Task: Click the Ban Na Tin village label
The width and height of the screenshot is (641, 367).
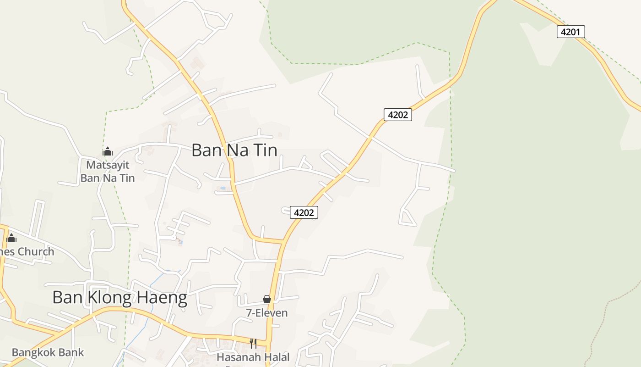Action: [x=234, y=150]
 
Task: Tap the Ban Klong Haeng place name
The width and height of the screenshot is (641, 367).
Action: [x=120, y=298]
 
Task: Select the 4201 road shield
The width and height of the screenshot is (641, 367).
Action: [x=570, y=32]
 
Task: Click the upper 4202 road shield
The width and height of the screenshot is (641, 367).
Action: [x=397, y=115]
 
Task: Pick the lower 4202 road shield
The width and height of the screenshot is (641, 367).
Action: [x=304, y=212]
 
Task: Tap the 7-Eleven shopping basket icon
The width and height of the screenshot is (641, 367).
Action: [x=267, y=299]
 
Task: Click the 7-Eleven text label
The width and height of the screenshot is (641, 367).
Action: [x=267, y=313]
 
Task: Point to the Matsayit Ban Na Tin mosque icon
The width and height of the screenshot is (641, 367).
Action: [x=108, y=151]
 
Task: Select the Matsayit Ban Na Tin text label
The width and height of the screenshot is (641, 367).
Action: [x=108, y=171]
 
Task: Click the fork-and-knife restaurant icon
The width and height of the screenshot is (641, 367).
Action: [x=253, y=344]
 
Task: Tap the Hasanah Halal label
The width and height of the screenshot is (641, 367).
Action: [x=253, y=357]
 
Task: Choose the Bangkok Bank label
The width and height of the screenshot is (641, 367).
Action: [x=48, y=352]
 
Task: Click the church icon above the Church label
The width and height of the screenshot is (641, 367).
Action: [x=12, y=238]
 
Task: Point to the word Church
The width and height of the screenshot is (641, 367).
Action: [x=35, y=251]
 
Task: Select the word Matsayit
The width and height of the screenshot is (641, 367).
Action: [x=108, y=165]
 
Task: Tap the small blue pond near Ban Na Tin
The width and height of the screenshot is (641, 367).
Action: [x=223, y=188]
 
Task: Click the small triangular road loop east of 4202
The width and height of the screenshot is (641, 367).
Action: [x=407, y=218]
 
